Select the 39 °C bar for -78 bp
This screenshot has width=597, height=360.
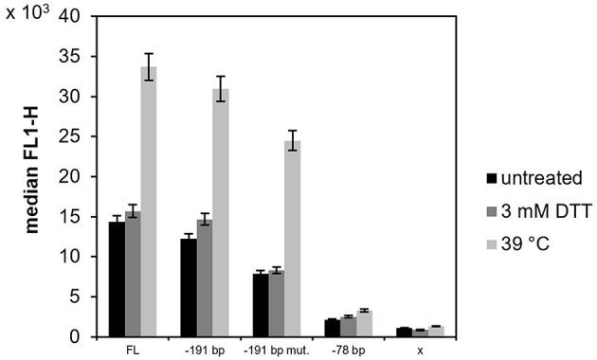click(363, 323)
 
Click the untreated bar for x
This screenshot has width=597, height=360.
click(403, 332)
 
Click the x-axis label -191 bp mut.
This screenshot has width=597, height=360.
click(276, 349)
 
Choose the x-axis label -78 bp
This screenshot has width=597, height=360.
click(347, 349)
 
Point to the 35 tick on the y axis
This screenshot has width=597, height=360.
click(69, 57)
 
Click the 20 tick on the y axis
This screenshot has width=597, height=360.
click(69, 177)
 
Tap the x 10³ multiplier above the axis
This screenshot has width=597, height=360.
click(27, 16)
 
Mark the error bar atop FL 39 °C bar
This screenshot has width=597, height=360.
click(149, 66)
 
